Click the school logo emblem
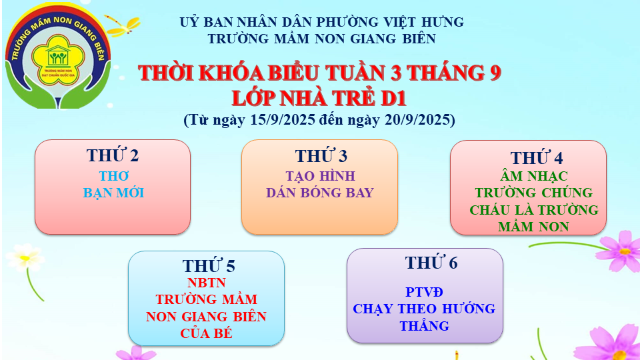pos(57,56)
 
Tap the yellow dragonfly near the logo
pos(123,26)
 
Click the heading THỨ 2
pos(113,155)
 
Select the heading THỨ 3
pos(321,155)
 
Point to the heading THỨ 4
pos(536,157)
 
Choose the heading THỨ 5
pos(209,266)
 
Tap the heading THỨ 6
pos(431,263)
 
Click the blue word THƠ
pos(114,176)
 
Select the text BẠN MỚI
pos(113,193)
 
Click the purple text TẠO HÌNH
pos(321,176)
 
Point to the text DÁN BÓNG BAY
pos(320,193)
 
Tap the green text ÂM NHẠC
pos(534,176)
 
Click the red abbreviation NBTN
pos(206,283)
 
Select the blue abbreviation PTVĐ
pos(424,292)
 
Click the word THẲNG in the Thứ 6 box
pos(425,326)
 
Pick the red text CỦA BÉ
pos(206,333)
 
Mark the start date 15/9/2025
pos(283,119)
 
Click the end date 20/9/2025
pos(417,119)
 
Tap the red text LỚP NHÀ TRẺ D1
pos(319,99)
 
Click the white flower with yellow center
pos(25,257)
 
